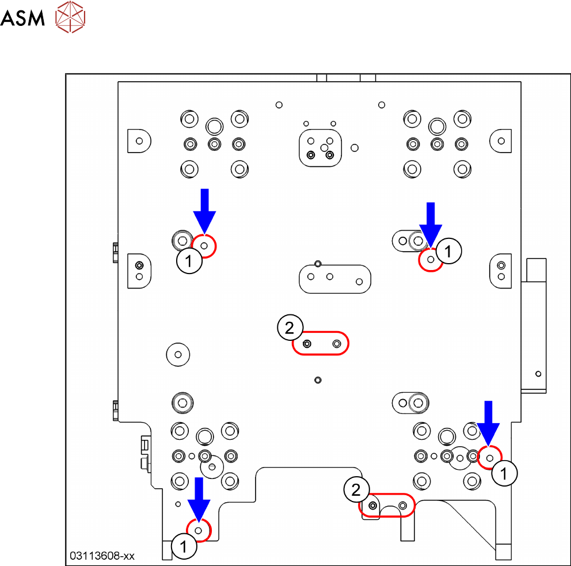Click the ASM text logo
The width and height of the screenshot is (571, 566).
(22, 18)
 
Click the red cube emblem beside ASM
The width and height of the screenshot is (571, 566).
(70, 17)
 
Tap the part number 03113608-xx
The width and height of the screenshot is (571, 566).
(102, 556)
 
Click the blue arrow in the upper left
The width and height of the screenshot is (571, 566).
(205, 211)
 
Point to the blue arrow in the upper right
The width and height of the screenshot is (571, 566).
(431, 225)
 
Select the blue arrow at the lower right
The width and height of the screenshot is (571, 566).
(488, 424)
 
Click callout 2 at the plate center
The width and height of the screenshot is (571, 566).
(290, 328)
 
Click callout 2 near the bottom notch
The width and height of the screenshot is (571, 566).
(356, 489)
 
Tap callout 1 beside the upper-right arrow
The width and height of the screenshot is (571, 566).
(448, 251)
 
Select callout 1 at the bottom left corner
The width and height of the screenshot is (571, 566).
(184, 546)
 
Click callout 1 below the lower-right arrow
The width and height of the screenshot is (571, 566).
(504, 473)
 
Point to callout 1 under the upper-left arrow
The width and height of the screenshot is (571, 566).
(189, 260)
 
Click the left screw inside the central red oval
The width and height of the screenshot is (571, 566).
(307, 344)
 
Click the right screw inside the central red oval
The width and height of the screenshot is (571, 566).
(337, 344)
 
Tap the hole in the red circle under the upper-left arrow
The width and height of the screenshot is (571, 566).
(204, 246)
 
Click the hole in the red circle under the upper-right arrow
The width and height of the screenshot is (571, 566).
(431, 259)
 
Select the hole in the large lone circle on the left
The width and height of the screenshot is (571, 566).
(178, 354)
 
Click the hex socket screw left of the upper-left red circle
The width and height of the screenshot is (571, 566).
(182, 241)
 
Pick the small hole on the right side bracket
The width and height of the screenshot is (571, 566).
(538, 374)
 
